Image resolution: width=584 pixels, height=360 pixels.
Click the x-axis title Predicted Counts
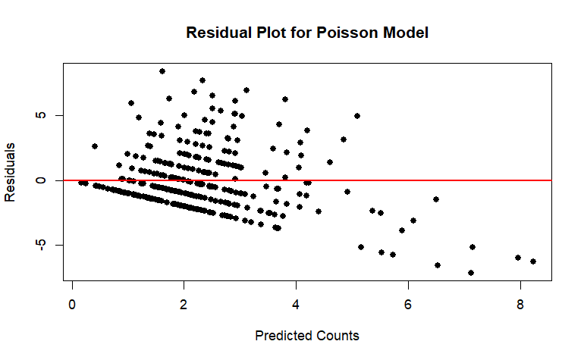point(307,335)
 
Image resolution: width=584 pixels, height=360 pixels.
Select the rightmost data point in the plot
point(533,261)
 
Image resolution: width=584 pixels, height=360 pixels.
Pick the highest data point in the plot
point(162,71)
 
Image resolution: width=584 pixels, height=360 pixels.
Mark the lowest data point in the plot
point(471,273)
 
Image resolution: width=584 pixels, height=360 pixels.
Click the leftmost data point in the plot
point(80,182)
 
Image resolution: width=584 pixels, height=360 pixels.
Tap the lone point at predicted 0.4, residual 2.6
point(95,146)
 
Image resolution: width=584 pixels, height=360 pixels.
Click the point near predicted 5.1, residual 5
point(357,116)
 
